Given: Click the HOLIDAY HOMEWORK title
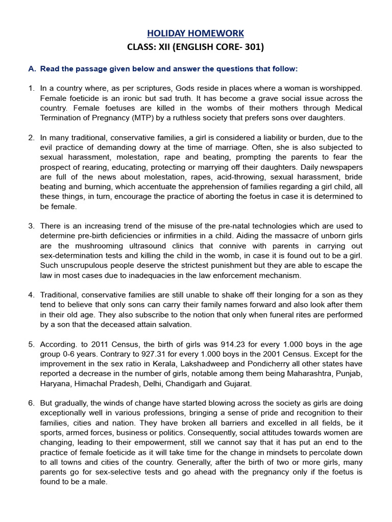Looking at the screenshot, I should (x=195, y=34).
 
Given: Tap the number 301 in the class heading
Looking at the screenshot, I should (x=253, y=48).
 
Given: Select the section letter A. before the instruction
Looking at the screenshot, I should (x=32, y=69).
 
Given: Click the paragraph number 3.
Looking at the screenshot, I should (x=31, y=226).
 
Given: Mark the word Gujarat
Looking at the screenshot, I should (x=238, y=383).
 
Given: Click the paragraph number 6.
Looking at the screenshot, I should (x=31, y=403).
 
